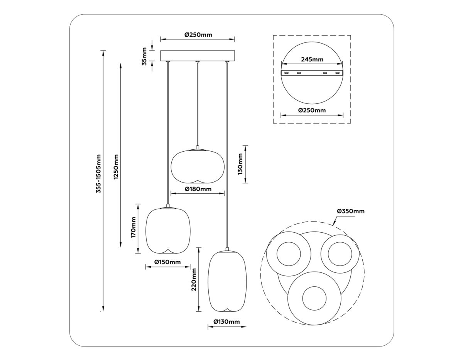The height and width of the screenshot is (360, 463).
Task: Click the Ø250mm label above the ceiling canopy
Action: (198, 35)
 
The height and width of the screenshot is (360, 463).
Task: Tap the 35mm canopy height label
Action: (144, 56)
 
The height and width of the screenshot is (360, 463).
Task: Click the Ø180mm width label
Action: (198, 189)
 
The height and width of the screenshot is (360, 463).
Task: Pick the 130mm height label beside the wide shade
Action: (240, 164)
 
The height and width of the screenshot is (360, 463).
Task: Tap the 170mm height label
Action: (133, 228)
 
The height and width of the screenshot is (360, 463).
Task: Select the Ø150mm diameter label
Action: (167, 262)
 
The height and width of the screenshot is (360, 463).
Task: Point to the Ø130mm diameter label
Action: (226, 322)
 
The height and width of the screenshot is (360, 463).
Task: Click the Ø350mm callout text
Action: (350, 211)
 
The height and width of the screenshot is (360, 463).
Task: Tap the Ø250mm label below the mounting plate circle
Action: (312, 110)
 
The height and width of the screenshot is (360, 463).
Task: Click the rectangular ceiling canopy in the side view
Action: (197, 56)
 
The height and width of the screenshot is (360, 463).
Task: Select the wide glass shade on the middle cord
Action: (198, 166)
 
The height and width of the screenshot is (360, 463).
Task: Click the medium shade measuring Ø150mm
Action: (167, 230)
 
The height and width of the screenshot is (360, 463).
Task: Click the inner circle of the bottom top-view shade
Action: (314, 298)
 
